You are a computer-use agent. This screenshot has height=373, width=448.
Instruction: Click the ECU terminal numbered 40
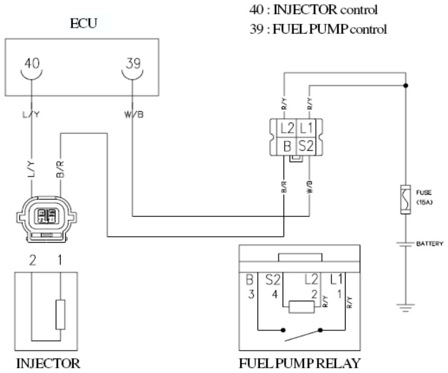pyautogui.click(x=32, y=66)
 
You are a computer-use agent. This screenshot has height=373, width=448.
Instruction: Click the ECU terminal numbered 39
pyautogui.click(x=133, y=66)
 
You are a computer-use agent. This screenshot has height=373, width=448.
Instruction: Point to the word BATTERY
pyautogui.click(x=428, y=243)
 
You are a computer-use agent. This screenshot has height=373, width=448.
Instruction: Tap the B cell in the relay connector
pyautogui.click(x=287, y=146)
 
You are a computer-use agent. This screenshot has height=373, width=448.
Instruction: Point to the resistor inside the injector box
pyautogui.click(x=60, y=315)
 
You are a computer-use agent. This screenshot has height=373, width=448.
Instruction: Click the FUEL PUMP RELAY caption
pyautogui.click(x=300, y=363)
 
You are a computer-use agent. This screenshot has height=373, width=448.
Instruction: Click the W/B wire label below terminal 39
pyautogui.click(x=133, y=114)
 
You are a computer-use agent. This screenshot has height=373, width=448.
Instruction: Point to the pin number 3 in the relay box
pyautogui.click(x=251, y=295)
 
